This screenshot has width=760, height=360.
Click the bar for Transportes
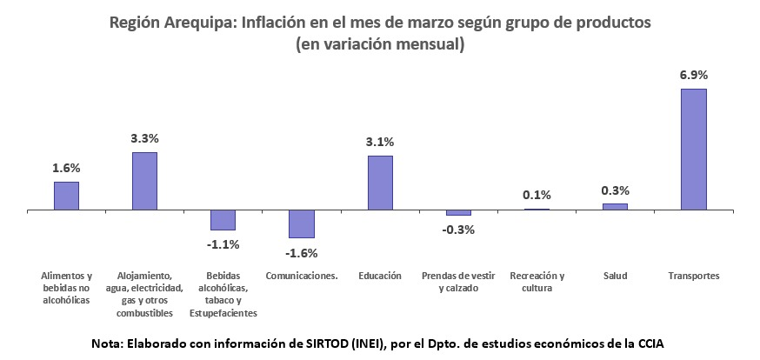(x=693, y=149)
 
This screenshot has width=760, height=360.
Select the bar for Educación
(x=380, y=183)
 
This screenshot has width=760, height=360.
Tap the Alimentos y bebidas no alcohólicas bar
(x=67, y=196)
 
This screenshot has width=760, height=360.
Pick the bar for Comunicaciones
(x=302, y=223)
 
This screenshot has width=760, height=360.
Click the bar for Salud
(x=615, y=207)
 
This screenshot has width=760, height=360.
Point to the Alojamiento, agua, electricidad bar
(x=145, y=181)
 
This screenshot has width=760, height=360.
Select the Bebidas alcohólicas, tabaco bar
(x=223, y=220)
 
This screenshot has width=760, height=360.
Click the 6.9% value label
(x=693, y=75)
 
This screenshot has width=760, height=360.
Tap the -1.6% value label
(x=302, y=253)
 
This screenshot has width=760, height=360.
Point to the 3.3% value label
(x=145, y=138)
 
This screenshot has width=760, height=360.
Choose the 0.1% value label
(x=537, y=195)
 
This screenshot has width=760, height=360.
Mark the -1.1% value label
(x=223, y=244)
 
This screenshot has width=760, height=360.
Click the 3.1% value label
(x=380, y=142)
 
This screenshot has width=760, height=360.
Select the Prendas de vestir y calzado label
(x=458, y=282)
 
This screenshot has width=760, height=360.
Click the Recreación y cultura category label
(x=537, y=282)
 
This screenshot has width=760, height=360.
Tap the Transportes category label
(x=693, y=276)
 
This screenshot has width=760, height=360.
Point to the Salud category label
(x=615, y=276)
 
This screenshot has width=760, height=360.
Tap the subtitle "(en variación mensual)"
(x=380, y=44)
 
